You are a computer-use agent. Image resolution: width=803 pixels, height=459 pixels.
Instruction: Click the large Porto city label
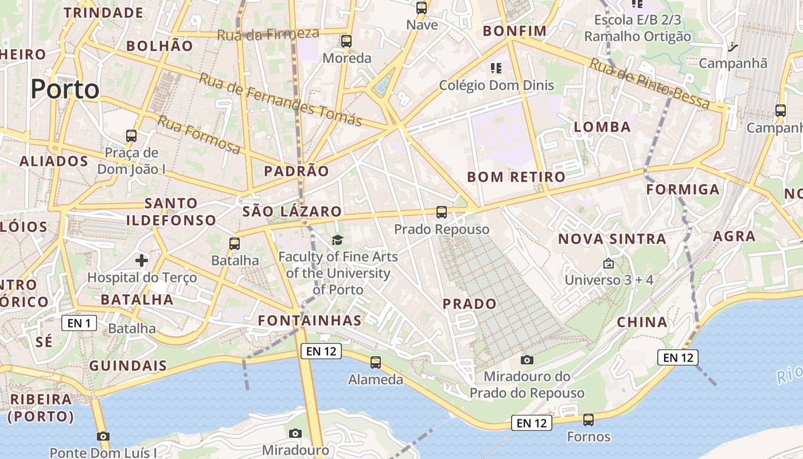[x=65, y=89]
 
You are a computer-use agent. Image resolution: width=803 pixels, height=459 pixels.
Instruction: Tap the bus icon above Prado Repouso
[x=441, y=212]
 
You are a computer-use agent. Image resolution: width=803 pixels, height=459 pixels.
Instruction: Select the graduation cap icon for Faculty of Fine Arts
[x=337, y=240]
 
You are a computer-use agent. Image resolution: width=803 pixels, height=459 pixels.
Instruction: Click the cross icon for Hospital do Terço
[x=142, y=260]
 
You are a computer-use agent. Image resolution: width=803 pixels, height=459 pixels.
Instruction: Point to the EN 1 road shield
[x=79, y=323]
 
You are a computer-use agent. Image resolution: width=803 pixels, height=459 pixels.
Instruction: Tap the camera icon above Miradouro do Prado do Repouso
[x=527, y=360]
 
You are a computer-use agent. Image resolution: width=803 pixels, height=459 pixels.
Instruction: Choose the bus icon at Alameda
[x=376, y=363]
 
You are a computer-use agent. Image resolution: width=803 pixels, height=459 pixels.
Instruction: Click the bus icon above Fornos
[x=588, y=419]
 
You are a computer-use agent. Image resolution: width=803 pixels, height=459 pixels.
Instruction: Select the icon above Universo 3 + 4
[x=609, y=263]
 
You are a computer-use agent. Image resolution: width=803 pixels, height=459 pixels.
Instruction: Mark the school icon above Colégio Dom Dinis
[x=496, y=68]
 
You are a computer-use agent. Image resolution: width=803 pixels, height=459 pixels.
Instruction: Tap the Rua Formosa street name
[x=199, y=134]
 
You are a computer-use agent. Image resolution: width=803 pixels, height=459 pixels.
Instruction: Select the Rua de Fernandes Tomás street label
[x=280, y=99]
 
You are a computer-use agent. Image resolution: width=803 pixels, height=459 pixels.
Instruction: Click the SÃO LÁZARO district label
[x=292, y=211]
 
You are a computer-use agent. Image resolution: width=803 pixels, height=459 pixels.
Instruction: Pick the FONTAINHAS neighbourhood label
[x=310, y=320]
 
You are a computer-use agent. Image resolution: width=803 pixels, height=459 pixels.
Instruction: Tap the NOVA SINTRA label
[x=612, y=239]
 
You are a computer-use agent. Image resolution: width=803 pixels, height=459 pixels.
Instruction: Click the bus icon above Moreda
[x=346, y=41]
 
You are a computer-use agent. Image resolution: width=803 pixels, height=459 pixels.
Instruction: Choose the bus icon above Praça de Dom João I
[x=131, y=136]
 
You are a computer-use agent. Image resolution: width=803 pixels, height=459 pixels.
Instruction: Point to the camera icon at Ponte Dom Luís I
[x=103, y=436]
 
